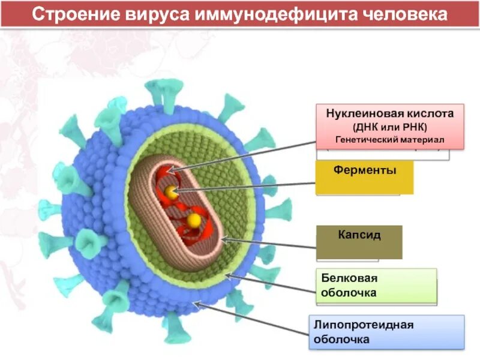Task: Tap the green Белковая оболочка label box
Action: tap(376, 286)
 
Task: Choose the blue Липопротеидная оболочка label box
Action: tap(386, 332)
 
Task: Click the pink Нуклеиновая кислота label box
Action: tap(390, 126)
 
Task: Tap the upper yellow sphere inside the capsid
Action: tap(172, 193)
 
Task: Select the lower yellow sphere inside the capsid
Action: tap(194, 221)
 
